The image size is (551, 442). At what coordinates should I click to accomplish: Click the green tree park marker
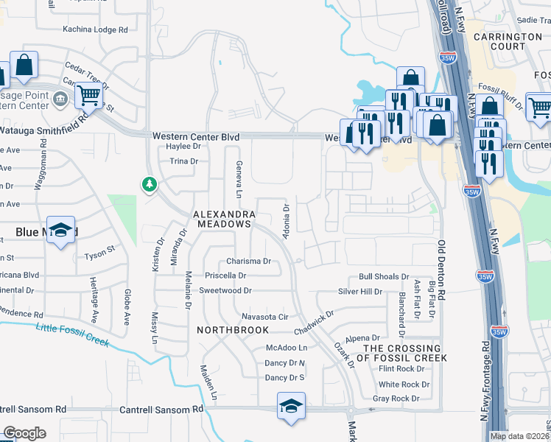tap(150, 184)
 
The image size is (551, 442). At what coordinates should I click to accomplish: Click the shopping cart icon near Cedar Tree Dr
tap(88, 94)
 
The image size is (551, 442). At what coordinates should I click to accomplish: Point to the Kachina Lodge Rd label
tap(96, 29)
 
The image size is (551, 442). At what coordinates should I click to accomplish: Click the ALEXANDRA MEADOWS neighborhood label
tap(222, 218)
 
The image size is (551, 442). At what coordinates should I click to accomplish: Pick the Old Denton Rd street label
tap(442, 269)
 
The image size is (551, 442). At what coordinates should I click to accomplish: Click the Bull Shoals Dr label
tap(383, 276)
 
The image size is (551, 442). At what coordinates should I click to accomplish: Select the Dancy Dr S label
tap(284, 378)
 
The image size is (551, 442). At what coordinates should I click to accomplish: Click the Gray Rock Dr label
tap(396, 399)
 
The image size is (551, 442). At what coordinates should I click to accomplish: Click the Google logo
tap(24, 433)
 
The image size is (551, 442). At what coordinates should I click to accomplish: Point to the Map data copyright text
tap(520, 436)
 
